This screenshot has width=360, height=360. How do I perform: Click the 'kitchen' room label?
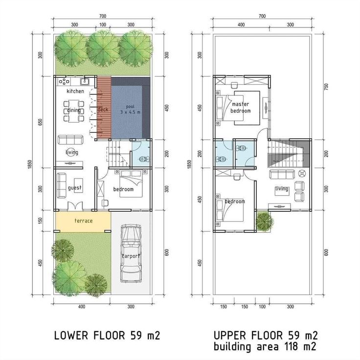coord(75,91)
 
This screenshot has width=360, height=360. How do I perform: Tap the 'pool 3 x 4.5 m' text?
coord(130,109)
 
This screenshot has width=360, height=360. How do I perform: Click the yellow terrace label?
coord(83,221)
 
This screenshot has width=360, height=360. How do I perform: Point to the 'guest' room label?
coord(74,188)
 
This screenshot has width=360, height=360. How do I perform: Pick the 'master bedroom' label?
coord(241,108)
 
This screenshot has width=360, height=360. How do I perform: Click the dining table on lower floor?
coord(74,111)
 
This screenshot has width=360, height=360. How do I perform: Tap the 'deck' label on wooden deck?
coord(103,110)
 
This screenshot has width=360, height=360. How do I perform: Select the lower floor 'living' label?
coord(72,152)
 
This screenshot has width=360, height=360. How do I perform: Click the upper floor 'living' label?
coord(282,189)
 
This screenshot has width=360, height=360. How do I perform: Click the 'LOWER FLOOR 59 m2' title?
coord(107,336)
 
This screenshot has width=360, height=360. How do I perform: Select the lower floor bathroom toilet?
coord(142,159)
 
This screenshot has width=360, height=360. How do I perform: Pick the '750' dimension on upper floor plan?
coord(326,87)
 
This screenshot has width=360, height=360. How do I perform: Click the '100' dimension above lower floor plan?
coord(103,24)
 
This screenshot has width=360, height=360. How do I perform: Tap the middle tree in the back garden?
coord(103,48)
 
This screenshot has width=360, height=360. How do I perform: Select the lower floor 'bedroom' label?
coord(123,189)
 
